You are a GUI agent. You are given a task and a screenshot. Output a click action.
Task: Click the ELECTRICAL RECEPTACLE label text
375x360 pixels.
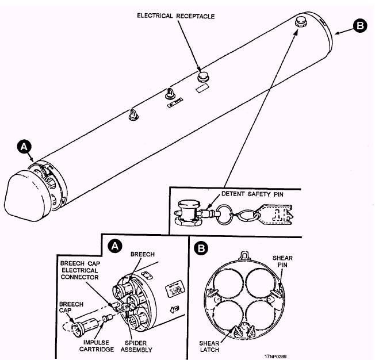pyautogui.click(x=176, y=16)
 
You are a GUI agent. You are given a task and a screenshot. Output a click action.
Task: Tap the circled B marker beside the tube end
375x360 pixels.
pyautogui.click(x=360, y=26)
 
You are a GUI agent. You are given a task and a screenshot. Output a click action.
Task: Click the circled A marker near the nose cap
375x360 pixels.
pyautogui.click(x=24, y=147)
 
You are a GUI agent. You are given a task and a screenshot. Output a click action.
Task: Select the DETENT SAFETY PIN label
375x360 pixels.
pyautogui.click(x=252, y=194)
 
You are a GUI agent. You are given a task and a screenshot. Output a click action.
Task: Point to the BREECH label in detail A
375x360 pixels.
pyautogui.click(x=143, y=254)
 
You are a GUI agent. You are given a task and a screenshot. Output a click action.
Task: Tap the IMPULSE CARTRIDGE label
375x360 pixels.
pyautogui.click(x=97, y=346)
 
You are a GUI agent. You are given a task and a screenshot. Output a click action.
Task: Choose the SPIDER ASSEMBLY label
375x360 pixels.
pyautogui.click(x=136, y=346)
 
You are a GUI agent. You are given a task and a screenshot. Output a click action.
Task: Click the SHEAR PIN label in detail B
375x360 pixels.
pyautogui.click(x=282, y=262)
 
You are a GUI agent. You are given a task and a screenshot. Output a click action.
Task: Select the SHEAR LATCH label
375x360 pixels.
pyautogui.click(x=209, y=346)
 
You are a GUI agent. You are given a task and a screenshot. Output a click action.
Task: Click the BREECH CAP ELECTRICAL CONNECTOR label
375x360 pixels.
pyautogui.click(x=80, y=270)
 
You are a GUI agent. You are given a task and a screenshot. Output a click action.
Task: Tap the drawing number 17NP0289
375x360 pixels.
pyautogui.click(x=275, y=357)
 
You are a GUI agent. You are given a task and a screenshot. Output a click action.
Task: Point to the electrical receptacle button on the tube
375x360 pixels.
pyautogui.click(x=203, y=76)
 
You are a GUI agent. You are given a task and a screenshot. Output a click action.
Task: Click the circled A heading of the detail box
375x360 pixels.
pyautogui.click(x=115, y=246)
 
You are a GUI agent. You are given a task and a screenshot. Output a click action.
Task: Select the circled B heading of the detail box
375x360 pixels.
pyautogui.click(x=201, y=248)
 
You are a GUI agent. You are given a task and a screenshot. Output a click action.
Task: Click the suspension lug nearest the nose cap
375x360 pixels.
pyautogui.click(x=133, y=114)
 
